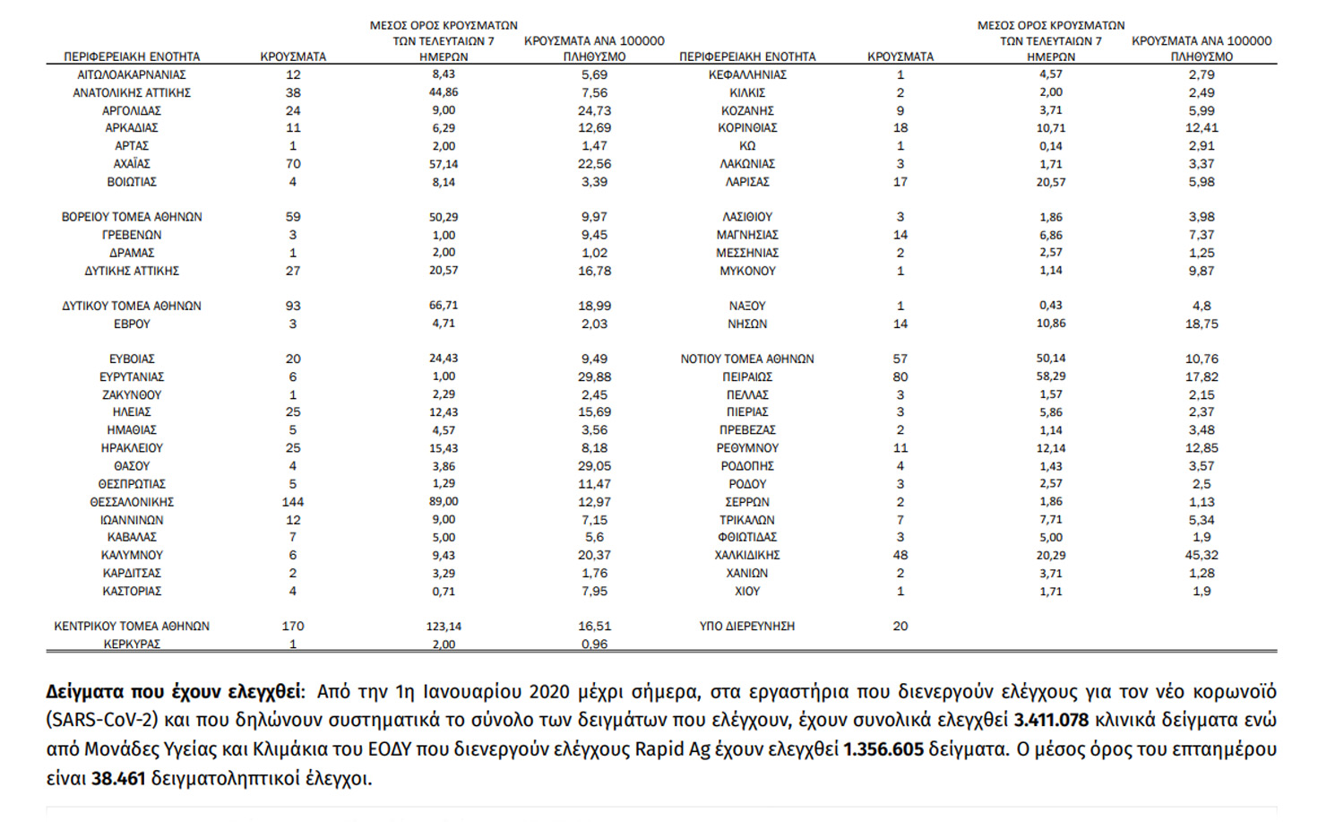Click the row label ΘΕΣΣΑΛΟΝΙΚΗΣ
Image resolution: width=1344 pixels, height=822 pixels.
click(132, 502)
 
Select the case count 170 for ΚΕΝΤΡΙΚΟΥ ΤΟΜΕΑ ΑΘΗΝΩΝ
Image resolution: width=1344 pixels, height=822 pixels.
click(293, 627)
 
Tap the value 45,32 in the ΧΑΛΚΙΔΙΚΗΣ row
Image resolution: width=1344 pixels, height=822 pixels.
click(1202, 555)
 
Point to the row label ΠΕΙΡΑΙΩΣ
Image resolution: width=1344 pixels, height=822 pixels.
click(747, 377)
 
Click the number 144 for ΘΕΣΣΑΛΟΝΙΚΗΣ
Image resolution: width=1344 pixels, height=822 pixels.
click(293, 502)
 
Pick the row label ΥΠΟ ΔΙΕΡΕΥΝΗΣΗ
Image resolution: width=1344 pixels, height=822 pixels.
click(747, 627)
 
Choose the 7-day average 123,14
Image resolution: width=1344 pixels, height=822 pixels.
click(444, 627)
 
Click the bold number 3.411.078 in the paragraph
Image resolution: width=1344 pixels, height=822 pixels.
click(1051, 720)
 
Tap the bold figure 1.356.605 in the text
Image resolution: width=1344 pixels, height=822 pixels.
click(883, 749)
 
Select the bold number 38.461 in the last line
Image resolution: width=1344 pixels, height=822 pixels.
click(118, 778)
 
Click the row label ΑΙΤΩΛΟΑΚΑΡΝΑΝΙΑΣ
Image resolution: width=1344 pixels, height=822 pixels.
click(132, 75)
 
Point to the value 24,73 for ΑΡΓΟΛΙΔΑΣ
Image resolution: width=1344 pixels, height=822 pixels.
click(594, 110)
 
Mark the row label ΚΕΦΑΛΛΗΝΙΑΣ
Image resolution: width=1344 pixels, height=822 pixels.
click(747, 75)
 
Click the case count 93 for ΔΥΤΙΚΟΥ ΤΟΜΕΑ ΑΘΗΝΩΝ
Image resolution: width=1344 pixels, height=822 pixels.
click(293, 306)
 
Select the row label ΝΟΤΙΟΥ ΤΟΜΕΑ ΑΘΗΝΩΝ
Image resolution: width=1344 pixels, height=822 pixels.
click(747, 359)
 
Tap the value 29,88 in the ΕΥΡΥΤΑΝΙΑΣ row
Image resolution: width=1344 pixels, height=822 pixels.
click(594, 377)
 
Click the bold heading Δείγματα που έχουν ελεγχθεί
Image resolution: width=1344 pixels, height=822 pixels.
click(174, 692)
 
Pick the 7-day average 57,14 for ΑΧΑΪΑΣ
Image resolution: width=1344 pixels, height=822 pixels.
click(444, 164)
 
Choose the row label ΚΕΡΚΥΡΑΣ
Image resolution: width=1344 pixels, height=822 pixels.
click(132, 644)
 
